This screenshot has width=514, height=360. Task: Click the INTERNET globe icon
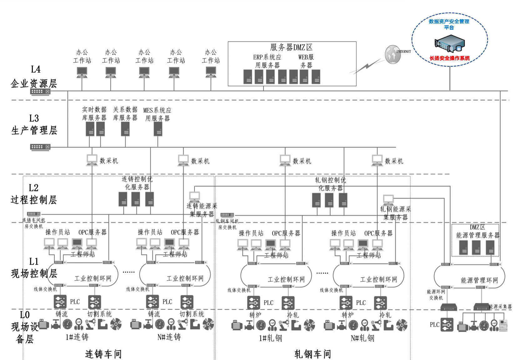(393, 54)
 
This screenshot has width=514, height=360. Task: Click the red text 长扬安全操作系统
(449, 58)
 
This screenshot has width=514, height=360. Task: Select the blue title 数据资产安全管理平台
(449, 24)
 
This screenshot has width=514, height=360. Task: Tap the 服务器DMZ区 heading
(291, 47)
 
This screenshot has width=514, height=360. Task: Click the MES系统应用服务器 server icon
(158, 129)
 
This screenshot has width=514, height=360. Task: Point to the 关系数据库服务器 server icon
(125, 129)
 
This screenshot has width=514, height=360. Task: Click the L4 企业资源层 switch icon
(40, 92)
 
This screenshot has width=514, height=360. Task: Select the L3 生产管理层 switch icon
(40, 147)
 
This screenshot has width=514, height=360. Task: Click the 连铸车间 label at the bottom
(103, 354)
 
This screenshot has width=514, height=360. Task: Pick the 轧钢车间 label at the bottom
(312, 354)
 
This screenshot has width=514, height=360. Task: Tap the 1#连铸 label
(77, 337)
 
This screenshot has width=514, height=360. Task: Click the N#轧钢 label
(362, 338)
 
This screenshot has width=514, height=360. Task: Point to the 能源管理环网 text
(479, 280)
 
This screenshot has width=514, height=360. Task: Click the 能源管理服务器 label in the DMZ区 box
(478, 235)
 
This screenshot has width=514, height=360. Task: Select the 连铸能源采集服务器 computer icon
(194, 197)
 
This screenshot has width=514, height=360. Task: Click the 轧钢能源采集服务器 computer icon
(388, 199)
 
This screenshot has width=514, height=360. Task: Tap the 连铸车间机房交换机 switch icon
(34, 214)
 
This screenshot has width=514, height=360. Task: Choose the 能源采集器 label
(500, 307)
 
